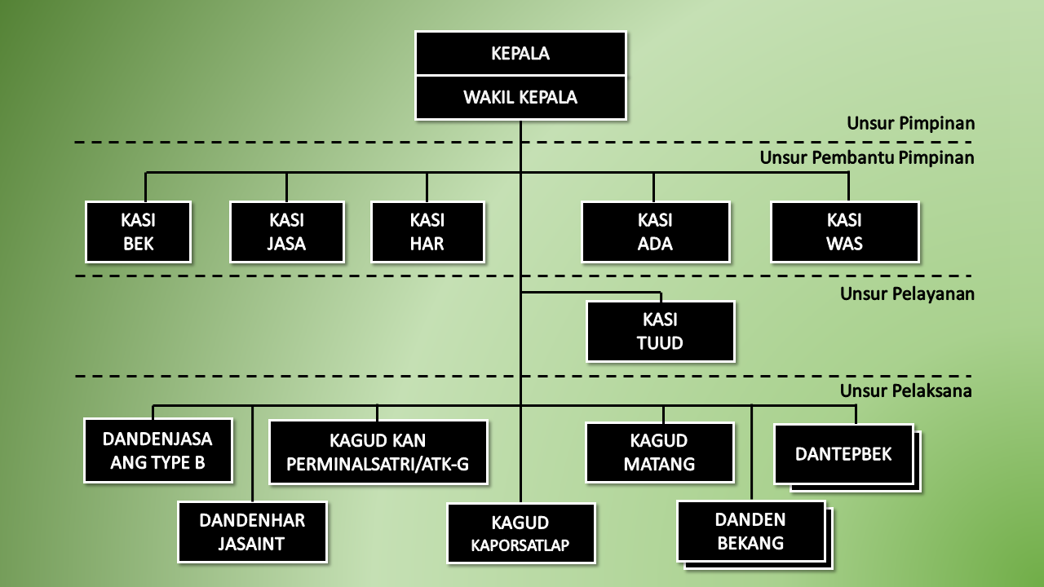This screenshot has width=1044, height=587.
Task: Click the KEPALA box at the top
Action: click(520, 54)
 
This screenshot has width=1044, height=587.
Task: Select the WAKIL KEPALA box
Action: click(520, 98)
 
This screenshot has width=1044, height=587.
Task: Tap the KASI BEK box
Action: click(138, 232)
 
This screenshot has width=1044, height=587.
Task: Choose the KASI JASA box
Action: click(286, 232)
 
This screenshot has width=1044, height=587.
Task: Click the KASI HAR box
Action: click(427, 232)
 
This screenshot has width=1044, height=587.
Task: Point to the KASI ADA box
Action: click(655, 232)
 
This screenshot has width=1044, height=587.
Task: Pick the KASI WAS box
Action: click(844, 232)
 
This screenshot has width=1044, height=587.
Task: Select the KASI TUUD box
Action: click(660, 332)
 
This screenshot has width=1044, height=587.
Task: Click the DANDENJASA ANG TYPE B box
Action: click(157, 451)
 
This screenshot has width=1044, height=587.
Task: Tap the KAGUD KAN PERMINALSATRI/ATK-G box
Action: click(378, 452)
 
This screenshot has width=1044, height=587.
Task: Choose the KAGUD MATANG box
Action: click(659, 452)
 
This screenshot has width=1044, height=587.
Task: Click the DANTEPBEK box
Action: click(843, 454)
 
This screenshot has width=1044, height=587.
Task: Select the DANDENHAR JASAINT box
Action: click(252, 532)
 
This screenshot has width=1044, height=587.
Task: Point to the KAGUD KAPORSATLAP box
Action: click(520, 533)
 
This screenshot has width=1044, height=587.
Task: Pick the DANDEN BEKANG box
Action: click(750, 532)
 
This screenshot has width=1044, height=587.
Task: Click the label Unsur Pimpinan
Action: click(910, 124)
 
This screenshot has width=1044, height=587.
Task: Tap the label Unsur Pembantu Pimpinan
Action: click(867, 157)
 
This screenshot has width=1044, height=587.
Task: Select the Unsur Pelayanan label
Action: click(907, 293)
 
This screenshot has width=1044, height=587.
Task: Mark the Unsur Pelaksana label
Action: click(906, 391)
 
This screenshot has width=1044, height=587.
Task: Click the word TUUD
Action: click(660, 343)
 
